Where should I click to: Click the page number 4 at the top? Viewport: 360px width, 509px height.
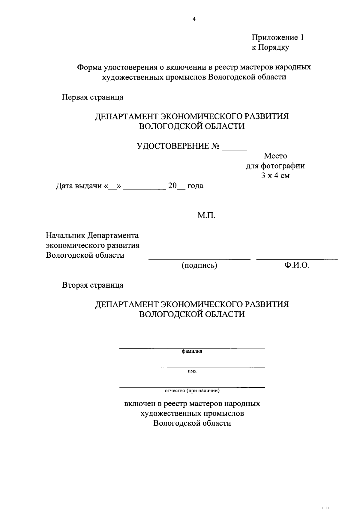tap(194, 19)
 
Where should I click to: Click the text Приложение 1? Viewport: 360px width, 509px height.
tap(277, 37)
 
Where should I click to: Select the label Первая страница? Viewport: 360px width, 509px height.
tap(92, 97)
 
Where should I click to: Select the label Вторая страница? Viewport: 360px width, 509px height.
tap(93, 285)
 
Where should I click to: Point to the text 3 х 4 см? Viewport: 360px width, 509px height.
tap(275, 176)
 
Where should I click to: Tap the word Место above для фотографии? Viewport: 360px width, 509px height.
tap(275, 156)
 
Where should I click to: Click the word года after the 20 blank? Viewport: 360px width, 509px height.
tap(195, 186)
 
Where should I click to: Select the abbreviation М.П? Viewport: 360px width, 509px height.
tap(206, 216)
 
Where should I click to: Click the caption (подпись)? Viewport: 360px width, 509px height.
tap(199, 265)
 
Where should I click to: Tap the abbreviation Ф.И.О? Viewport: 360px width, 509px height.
tap(297, 265)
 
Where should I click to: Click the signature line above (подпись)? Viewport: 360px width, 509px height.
tap(199, 259)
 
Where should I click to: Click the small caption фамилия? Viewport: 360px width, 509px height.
tap(192, 351)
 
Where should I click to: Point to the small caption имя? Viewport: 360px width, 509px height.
tap(192, 371)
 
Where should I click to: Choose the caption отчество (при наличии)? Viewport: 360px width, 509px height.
tap(192, 391)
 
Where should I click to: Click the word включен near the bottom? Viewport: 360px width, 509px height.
tap(139, 404)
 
